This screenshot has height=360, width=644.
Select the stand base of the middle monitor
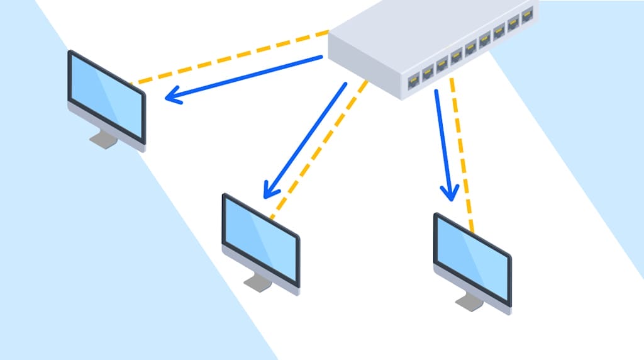[x=258, y=284]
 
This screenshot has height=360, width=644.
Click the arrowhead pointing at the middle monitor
[x=269, y=189]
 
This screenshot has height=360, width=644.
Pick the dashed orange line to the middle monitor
[x=321, y=148]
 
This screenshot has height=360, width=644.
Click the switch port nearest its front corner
[x=413, y=80]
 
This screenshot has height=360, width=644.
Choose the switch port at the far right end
[x=528, y=13]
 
